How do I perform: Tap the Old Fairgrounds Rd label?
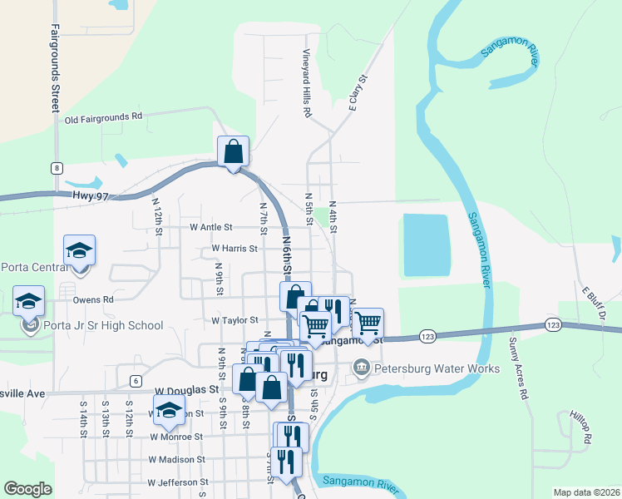(104, 117)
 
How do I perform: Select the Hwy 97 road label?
(115, 196)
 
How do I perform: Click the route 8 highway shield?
(57, 168)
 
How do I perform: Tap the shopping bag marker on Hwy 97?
(234, 152)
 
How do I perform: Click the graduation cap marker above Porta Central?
(80, 251)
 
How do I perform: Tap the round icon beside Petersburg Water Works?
(361, 367)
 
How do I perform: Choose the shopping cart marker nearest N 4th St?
(367, 322)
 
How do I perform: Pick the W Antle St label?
(211, 226)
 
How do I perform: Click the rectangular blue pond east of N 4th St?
(426, 245)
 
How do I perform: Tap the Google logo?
(28, 489)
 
